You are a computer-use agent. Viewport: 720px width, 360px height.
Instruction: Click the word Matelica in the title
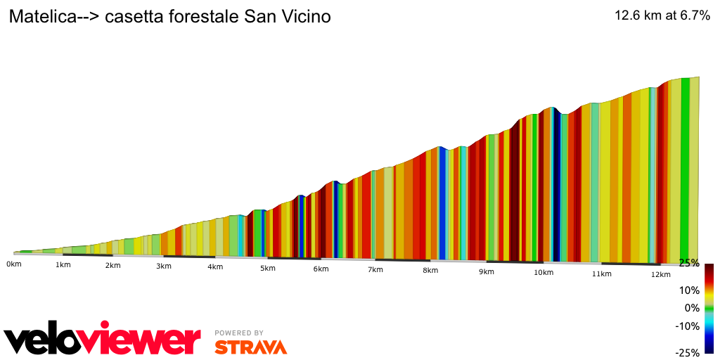point(41,17)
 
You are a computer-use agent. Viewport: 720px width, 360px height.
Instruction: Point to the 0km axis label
point(14,264)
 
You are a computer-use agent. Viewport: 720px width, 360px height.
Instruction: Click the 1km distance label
point(63,265)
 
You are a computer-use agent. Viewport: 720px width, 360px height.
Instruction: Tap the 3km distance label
point(163,266)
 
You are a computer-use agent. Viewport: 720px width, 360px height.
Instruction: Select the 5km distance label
point(267,268)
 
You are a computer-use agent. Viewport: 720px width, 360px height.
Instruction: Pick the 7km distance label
point(375,269)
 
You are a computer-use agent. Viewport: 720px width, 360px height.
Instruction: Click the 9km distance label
point(486,271)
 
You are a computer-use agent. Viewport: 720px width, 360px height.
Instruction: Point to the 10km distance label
point(543,272)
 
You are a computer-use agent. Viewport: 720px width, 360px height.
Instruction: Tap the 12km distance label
point(660,274)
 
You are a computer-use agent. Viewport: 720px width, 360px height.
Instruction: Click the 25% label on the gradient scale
point(689,263)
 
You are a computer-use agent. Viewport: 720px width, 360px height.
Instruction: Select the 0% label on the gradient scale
point(692,308)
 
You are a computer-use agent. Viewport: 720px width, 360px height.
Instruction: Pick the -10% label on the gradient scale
point(688,326)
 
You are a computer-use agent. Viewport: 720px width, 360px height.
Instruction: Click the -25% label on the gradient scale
point(687,352)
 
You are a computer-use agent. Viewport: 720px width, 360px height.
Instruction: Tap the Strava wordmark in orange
point(250,347)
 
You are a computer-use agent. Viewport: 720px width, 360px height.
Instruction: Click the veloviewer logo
point(103,340)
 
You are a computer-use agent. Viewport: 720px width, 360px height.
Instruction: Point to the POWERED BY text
point(239,333)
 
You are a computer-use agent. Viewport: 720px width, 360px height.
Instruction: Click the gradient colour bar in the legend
point(709,308)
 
